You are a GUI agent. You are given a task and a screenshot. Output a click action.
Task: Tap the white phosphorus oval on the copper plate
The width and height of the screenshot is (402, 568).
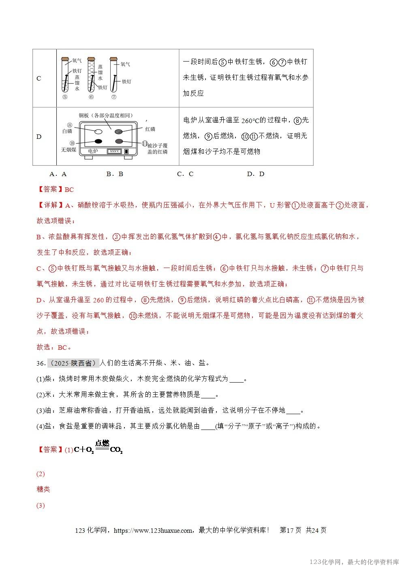point(98,132)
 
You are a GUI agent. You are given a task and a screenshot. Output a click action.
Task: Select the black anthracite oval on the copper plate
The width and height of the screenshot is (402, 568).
point(98,141)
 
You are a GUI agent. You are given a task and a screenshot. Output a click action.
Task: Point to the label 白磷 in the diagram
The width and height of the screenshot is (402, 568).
point(67,131)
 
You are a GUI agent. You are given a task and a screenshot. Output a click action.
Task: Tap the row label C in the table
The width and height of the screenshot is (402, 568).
point(39,79)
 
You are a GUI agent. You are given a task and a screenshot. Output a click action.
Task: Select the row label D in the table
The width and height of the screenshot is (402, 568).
point(39,136)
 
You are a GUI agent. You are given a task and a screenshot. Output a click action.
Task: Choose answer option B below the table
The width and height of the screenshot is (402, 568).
point(115,174)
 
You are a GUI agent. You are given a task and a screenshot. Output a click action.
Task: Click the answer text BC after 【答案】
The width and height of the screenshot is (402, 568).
point(69,189)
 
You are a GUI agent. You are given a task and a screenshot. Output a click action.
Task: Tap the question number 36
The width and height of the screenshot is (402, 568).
point(41,363)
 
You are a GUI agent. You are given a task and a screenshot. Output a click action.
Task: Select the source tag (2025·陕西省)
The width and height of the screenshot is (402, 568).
point(73,363)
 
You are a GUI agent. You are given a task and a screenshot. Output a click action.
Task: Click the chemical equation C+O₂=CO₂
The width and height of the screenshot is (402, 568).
point(98,448)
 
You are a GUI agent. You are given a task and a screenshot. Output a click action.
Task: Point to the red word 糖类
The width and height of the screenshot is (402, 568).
point(43,489)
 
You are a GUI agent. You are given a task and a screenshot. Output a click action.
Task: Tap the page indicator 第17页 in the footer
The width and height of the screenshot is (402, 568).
point(291,530)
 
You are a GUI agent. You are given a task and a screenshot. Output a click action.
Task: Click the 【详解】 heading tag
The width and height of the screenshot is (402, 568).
point(50,205)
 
